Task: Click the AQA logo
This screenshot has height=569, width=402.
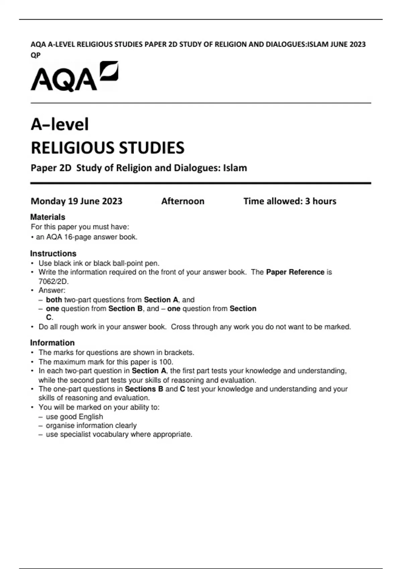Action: click(x=74, y=77)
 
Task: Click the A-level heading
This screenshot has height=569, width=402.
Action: click(x=60, y=124)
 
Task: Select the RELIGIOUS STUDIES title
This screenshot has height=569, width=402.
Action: click(x=108, y=148)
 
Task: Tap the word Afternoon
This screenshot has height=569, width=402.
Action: click(x=183, y=201)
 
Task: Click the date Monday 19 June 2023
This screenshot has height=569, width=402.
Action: click(x=76, y=201)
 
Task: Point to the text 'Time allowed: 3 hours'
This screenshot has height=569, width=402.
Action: click(x=290, y=201)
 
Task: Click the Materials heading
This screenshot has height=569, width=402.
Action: click(x=48, y=217)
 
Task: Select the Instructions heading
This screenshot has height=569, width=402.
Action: click(x=53, y=253)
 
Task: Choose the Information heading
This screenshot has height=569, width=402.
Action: click(x=52, y=343)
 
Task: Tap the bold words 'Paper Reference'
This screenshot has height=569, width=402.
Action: click(x=295, y=272)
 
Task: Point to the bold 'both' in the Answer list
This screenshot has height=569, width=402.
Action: click(x=54, y=300)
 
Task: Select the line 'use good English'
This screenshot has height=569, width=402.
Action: click(x=74, y=417)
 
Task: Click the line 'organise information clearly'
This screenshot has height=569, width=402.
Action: click(x=91, y=425)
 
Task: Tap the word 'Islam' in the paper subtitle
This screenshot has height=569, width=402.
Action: click(x=235, y=168)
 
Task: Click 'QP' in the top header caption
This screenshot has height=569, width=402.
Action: click(x=36, y=55)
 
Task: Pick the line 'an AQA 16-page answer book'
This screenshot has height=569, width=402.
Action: click(x=86, y=237)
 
